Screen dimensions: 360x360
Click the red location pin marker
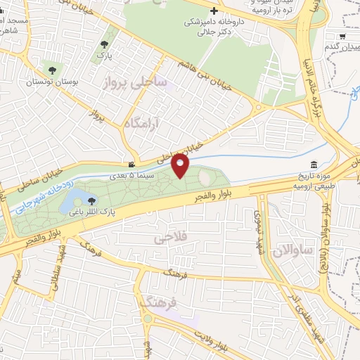pos(181,165)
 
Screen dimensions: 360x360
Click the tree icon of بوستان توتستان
pos(52,69)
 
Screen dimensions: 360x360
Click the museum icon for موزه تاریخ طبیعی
pos(314,164)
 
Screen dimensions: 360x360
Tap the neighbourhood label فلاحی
pos(169,239)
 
